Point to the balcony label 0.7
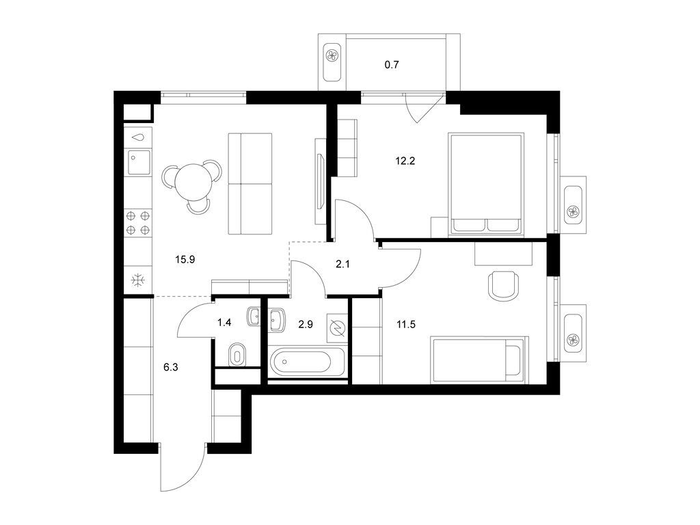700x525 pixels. point(391,66)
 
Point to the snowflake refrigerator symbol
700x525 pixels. point(137,280)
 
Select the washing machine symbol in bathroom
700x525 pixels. point(337,327)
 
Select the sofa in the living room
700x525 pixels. point(250,183)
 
